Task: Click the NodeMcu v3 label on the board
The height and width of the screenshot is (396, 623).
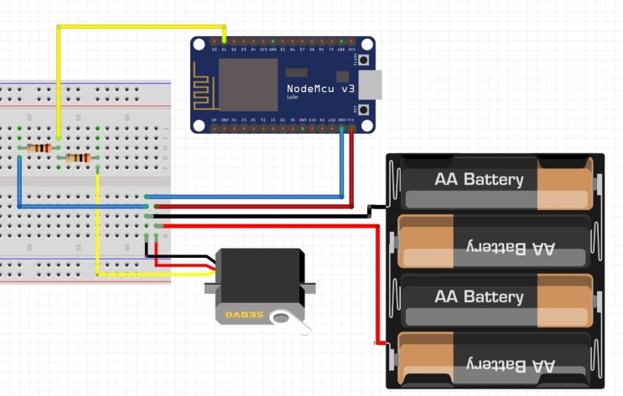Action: [x=319, y=88]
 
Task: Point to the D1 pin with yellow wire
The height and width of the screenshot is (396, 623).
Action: [x=224, y=40]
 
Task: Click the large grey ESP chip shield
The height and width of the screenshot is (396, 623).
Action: [x=247, y=84]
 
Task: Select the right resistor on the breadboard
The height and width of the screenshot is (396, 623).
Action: [x=78, y=157]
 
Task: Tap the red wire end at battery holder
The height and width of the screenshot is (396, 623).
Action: [x=376, y=343]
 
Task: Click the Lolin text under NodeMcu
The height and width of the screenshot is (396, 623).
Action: [x=293, y=98]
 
